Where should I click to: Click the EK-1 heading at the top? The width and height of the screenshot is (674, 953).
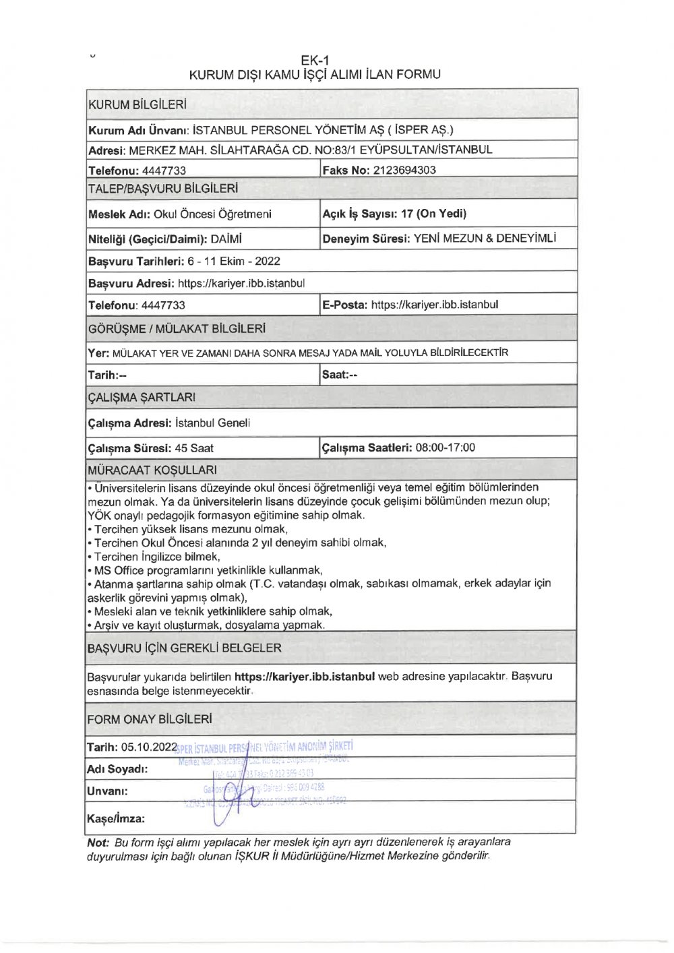coord(315,60)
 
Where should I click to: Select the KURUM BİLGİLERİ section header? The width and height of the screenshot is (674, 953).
coord(137,105)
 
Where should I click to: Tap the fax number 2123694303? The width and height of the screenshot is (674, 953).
coord(404,171)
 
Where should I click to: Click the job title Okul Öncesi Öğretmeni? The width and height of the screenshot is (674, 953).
coord(212,214)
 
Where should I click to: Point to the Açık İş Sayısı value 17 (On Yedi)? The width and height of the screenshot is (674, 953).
coord(433,214)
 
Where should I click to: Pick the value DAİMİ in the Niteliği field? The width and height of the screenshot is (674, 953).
coord(226,239)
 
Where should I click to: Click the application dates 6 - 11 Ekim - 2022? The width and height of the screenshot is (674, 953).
coord(234,262)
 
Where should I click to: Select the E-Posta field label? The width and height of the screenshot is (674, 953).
coord(344,305)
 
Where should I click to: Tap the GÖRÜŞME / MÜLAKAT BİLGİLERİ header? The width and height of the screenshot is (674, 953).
coord(177,329)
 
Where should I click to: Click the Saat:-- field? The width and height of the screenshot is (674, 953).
coord(340,375)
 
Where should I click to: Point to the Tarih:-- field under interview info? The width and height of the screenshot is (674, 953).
coord(107,375)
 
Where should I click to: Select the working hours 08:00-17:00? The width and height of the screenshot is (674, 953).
coord(446,448)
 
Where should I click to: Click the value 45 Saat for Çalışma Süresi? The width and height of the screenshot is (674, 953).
coord(194,448)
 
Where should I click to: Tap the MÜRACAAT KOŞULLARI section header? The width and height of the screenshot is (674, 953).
coord(152,470)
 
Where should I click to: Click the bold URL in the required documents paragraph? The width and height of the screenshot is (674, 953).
coord(304,677)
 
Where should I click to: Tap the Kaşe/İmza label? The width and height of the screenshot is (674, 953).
coord(115,819)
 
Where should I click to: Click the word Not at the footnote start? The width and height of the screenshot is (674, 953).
coord(98,842)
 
